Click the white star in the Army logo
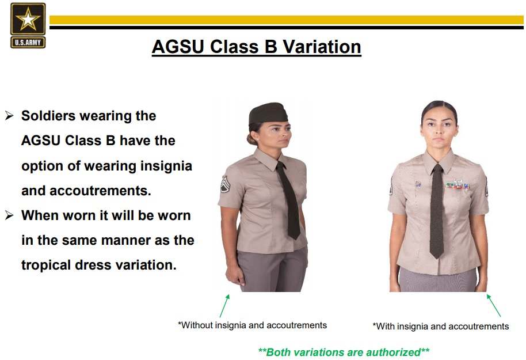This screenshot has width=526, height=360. click(28, 19)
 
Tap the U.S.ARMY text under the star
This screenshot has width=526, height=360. click(28, 43)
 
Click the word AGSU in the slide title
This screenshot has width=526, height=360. click(178, 46)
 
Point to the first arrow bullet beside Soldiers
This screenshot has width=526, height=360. click(9, 116)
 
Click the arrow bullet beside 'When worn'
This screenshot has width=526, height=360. click(9, 215)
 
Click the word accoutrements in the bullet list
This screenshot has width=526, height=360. click(100, 191)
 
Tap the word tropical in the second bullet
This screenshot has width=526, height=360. click(46, 266)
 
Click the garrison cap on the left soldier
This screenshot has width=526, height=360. click(268, 113)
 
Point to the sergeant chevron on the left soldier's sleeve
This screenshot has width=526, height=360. click(224, 184)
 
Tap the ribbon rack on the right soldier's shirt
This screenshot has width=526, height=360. click(458, 184)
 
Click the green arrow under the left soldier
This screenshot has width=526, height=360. click(225, 306)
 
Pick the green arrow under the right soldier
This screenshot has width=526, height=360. click(493, 305)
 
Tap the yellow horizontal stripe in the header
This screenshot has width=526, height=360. click(287, 20)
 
